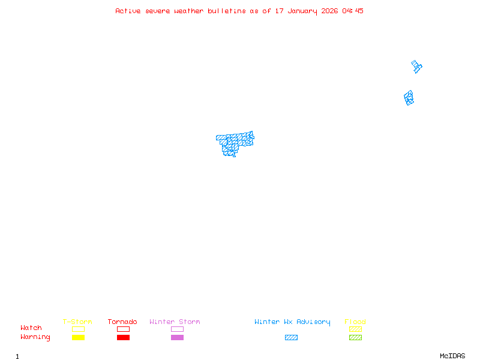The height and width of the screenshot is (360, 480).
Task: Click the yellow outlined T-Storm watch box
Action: (x=78, y=329)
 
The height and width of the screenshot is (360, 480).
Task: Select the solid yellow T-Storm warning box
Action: (x=78, y=338)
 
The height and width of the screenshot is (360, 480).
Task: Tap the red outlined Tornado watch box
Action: (x=123, y=329)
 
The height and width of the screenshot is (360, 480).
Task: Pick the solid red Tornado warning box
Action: (x=123, y=338)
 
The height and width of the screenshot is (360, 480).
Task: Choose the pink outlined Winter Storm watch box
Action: (x=177, y=329)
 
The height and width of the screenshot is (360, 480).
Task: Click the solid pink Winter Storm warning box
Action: (x=177, y=338)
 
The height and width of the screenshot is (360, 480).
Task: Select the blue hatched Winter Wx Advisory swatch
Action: (x=291, y=338)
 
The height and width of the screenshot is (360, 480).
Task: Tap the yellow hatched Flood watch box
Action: (x=355, y=329)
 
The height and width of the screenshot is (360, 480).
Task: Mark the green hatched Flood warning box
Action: (x=355, y=338)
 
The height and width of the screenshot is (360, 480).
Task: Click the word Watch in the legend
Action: (x=31, y=328)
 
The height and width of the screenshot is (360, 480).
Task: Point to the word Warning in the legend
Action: (x=35, y=337)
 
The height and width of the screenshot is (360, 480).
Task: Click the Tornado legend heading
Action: (x=122, y=322)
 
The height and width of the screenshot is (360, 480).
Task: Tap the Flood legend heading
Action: (x=355, y=322)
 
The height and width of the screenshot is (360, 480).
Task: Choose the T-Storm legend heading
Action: (x=77, y=322)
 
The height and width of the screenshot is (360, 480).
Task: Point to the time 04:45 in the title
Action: (x=353, y=11)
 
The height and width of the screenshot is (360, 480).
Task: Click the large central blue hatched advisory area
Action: (x=234, y=143)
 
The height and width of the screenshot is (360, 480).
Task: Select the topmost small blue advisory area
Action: (x=416, y=66)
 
